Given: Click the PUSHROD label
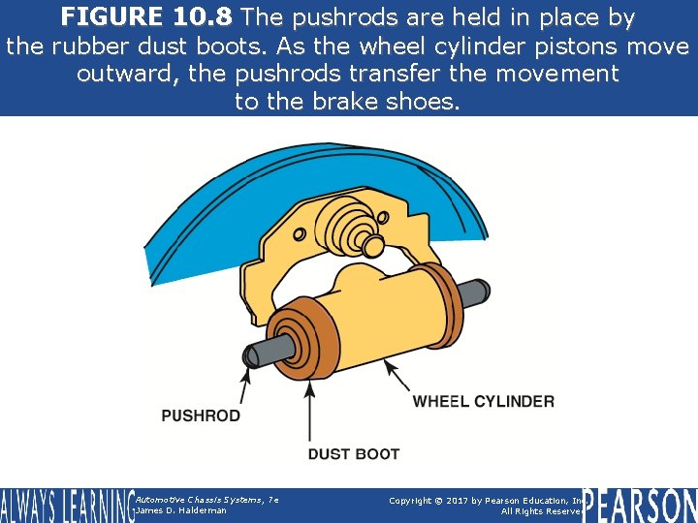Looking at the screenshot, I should pos(201,415).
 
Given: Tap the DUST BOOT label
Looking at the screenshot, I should pos(353,453).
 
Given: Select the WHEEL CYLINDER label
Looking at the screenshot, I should pos(484,401).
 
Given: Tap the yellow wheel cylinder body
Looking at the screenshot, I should pos(368,320).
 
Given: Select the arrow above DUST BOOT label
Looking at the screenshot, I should pos(310,412).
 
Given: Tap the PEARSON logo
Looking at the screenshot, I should pos(640,505).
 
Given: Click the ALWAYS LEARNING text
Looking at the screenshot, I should pos(66,506).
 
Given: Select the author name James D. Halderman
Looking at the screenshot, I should pos(182,510).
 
